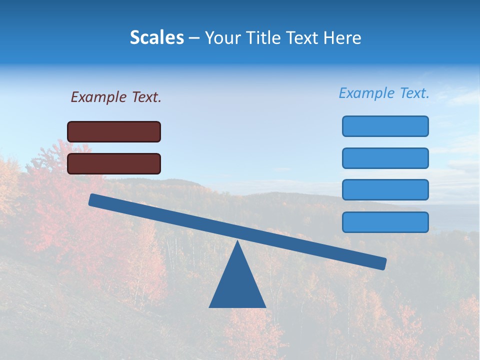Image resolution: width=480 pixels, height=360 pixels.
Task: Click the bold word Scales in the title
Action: click(156, 37)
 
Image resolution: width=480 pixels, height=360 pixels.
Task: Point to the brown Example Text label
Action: click(116, 97)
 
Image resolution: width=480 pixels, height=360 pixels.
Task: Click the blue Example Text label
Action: click(384, 93)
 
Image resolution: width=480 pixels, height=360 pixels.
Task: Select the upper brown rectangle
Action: click(114, 131)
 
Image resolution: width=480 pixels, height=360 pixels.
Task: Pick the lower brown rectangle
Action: click(114, 163)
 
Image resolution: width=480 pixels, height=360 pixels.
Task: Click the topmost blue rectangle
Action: click(385, 126)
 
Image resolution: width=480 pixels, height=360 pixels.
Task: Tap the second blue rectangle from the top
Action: click(385, 158)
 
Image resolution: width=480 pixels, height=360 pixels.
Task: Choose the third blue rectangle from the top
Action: click(385, 190)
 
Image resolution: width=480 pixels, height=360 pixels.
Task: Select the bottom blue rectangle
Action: click(385, 222)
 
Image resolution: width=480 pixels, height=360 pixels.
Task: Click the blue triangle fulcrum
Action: click(237, 285)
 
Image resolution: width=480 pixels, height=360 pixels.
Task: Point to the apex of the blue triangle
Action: click(237, 242)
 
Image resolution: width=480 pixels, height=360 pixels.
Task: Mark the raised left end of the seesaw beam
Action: click(92, 199)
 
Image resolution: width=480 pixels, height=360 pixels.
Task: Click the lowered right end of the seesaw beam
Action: click(383, 263)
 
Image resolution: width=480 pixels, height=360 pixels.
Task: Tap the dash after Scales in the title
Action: click(194, 38)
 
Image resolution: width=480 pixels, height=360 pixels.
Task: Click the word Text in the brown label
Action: click(145, 97)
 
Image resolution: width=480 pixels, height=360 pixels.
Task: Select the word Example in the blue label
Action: click(366, 93)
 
